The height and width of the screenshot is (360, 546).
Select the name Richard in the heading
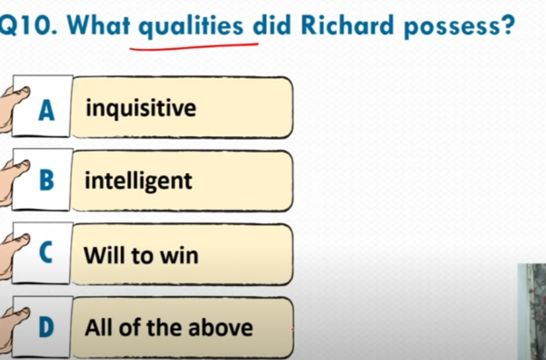click(347, 25)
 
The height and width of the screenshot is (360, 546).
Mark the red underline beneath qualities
click(194, 47)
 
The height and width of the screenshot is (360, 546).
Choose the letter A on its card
click(46, 110)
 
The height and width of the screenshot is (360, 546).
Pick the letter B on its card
click(47, 180)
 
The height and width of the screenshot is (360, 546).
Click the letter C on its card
click(46, 252)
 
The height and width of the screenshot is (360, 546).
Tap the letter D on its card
click(46, 328)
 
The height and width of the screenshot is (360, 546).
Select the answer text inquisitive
click(141, 108)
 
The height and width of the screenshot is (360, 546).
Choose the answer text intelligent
click(139, 181)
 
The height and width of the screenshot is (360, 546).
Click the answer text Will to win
click(141, 255)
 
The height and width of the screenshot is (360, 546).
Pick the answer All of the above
click(169, 328)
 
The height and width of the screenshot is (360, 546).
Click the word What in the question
click(98, 25)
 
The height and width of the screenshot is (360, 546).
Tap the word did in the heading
click(272, 25)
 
